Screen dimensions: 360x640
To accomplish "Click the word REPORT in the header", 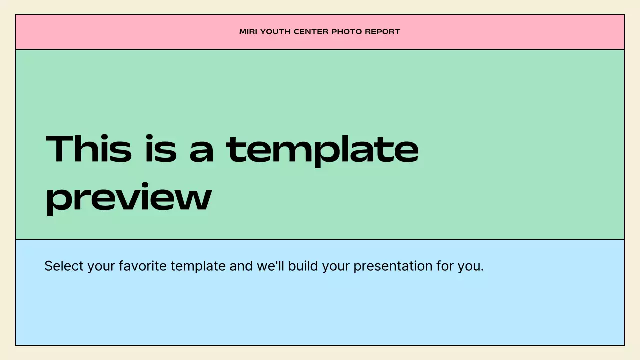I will tap(382, 32).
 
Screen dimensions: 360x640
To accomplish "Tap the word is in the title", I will tap(161, 149).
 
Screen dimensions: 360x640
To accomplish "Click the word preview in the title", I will tap(128, 198).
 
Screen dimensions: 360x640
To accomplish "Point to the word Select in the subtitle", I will tap(64, 266).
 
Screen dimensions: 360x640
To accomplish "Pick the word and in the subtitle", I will tap(241, 266).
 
